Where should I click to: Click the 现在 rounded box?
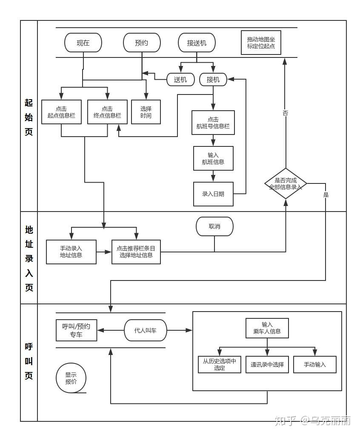(x=83, y=43)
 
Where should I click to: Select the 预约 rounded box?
(x=142, y=43)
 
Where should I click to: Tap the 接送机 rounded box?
(x=197, y=43)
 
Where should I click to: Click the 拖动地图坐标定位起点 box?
(x=261, y=43)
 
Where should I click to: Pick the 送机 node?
(x=180, y=80)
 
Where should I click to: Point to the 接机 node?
(x=213, y=80)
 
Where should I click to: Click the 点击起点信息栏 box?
(x=61, y=112)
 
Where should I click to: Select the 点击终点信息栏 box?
(x=107, y=112)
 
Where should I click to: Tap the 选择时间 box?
(x=146, y=112)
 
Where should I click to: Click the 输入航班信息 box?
(x=213, y=158)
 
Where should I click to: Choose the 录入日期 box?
(x=213, y=194)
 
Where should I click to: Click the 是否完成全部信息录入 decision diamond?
(x=286, y=183)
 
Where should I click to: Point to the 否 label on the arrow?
(x=286, y=113)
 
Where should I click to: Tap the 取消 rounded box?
(x=214, y=226)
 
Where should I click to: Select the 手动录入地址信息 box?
(x=71, y=252)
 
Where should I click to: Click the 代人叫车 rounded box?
(x=146, y=330)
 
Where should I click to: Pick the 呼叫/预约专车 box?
(x=76, y=330)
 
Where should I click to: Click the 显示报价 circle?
(x=71, y=378)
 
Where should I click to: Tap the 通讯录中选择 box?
(x=267, y=364)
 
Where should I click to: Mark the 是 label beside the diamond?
(x=326, y=195)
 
